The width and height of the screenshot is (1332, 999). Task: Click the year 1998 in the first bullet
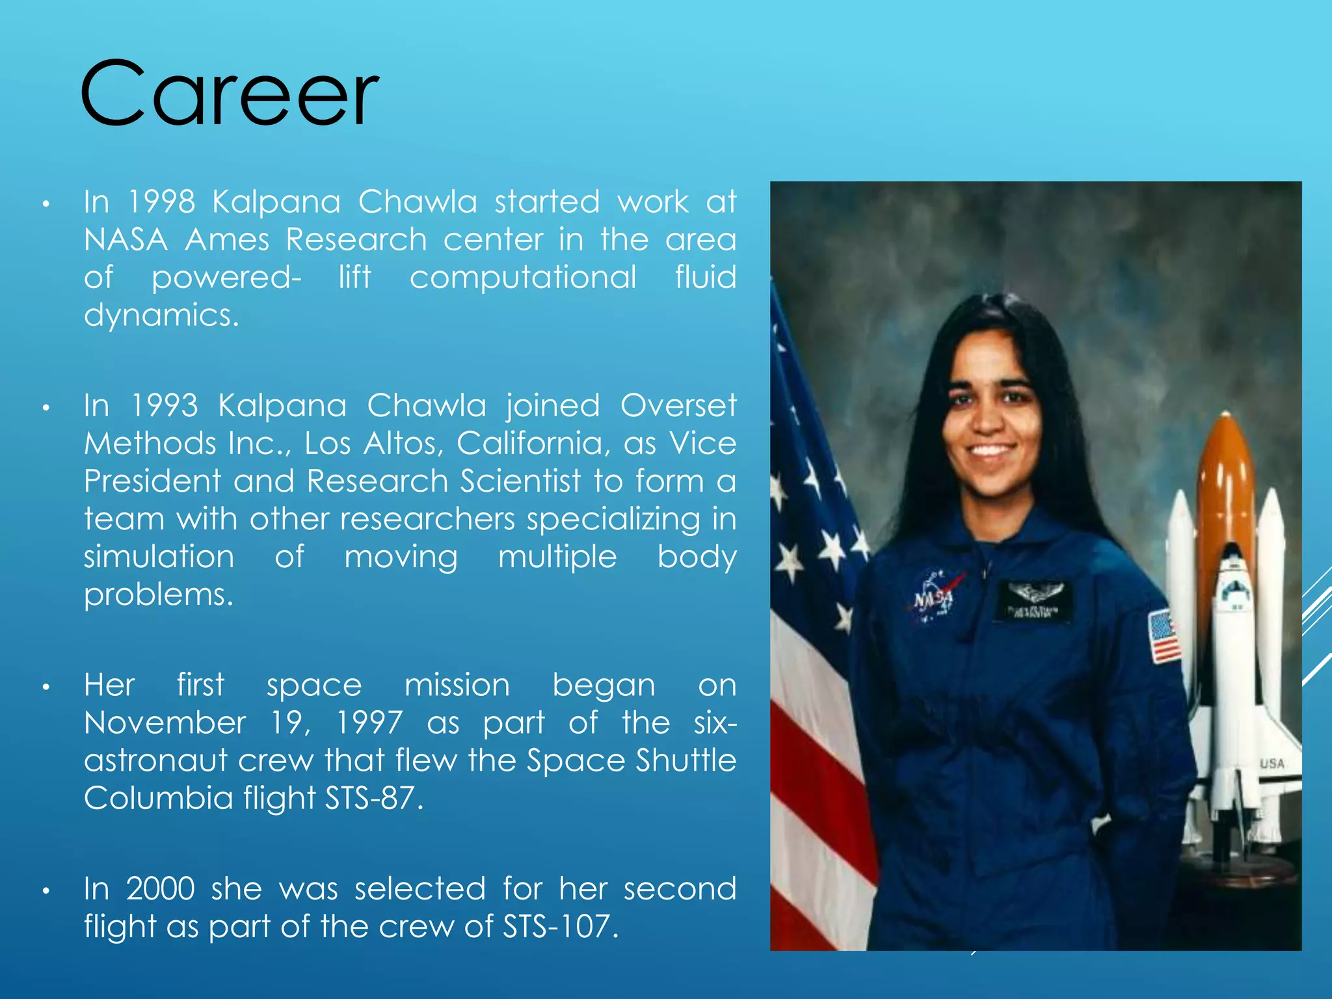click(161, 202)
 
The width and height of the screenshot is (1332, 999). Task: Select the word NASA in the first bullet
click(126, 240)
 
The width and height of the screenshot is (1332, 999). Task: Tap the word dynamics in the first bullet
click(161, 316)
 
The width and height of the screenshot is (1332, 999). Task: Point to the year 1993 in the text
click(164, 406)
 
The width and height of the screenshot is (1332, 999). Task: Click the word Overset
click(678, 406)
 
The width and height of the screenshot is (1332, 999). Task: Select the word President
click(152, 482)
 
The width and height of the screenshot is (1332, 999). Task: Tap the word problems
click(158, 595)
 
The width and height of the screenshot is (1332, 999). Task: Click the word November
click(165, 723)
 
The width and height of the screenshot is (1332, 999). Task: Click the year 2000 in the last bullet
click(160, 889)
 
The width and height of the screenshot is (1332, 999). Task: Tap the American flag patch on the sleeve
click(1164, 636)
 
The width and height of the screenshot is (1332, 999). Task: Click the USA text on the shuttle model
click(1271, 764)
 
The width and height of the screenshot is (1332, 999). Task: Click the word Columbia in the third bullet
click(158, 799)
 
